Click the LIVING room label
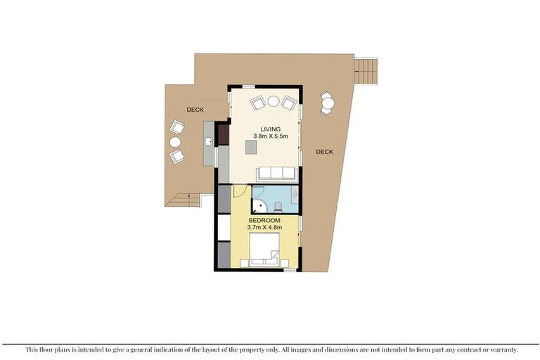pos(270,129)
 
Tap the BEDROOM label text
pos(265,219)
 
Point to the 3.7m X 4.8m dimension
pos(265,227)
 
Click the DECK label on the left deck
pos(195,110)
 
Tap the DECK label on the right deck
pos(324,152)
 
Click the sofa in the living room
pos(277,174)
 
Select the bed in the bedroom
pos(264,252)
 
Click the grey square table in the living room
pos(251,146)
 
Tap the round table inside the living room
pos(273,101)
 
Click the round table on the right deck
pos(328,104)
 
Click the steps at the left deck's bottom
pos(184,200)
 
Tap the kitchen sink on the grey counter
pos(209,142)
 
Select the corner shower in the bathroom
pos(259,205)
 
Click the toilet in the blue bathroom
pos(279,205)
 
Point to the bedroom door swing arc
pos(238,191)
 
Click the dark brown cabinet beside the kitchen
pos(223,134)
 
